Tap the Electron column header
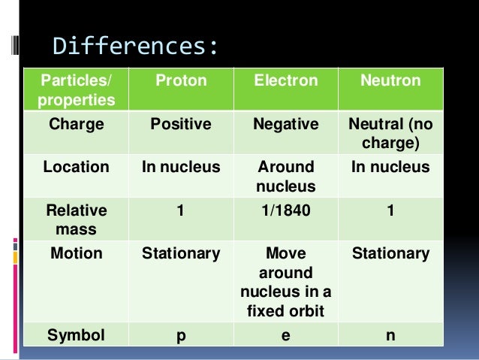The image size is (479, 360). click(x=285, y=80)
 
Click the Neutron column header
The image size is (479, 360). click(x=389, y=80)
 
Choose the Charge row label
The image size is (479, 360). click(x=76, y=124)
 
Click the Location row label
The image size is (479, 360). click(x=76, y=168)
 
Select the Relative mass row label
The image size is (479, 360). click(x=76, y=220)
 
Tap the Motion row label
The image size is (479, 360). click(x=76, y=254)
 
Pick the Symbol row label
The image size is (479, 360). click(x=76, y=336)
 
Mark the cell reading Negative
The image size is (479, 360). click(x=285, y=124)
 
